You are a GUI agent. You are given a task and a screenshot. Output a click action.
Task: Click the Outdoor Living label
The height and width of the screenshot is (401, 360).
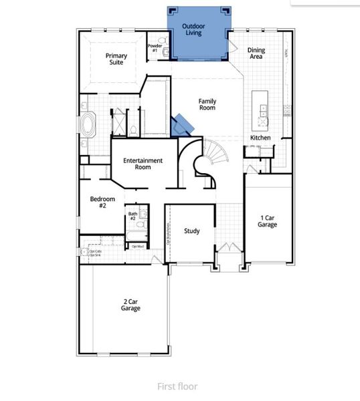pyautogui.click(x=194, y=30)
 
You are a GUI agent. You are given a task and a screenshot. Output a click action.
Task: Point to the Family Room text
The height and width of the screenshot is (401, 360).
pyautogui.click(x=207, y=104)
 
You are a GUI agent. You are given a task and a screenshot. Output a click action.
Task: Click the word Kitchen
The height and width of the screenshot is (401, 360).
pyautogui.click(x=260, y=138)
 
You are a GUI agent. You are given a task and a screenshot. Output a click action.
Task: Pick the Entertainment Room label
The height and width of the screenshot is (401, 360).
pyautogui.click(x=143, y=164)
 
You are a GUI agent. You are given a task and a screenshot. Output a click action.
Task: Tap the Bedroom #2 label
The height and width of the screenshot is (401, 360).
pyautogui.click(x=103, y=203)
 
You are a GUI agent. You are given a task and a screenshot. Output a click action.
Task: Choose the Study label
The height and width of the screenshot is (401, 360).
pyautogui.click(x=192, y=231)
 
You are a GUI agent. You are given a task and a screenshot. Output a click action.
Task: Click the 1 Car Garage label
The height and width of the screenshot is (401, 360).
pyautogui.click(x=268, y=221)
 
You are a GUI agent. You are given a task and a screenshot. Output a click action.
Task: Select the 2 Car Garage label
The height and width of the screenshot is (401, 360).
pyautogui.click(x=130, y=305)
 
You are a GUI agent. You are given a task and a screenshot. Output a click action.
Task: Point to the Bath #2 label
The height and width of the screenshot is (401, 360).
pyautogui.click(x=132, y=217)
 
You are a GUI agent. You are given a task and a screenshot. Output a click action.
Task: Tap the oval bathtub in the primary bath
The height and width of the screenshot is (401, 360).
pyautogui.click(x=89, y=125)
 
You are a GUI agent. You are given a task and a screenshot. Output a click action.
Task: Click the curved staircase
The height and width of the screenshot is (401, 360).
pyautogui.click(x=211, y=160)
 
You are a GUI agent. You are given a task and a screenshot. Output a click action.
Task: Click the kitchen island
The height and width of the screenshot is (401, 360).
pyautogui.click(x=260, y=110)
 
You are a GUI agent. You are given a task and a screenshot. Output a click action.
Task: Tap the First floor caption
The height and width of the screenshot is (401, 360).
pyautogui.click(x=177, y=386)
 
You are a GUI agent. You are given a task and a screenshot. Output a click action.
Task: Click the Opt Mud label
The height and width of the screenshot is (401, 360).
pyautogui.click(x=138, y=247)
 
